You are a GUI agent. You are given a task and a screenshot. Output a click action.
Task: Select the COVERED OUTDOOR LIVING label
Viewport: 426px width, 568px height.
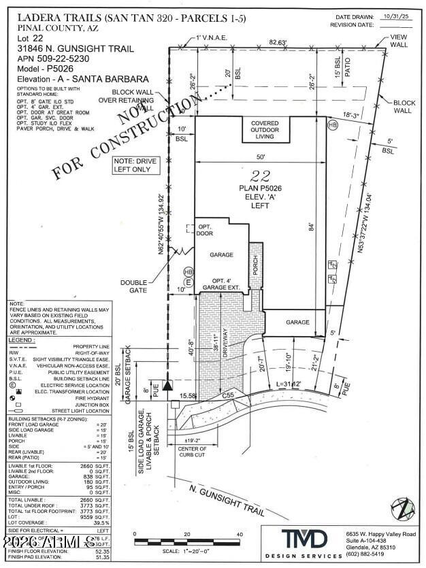click(x=267, y=129)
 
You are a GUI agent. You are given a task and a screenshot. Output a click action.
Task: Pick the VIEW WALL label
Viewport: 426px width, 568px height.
click(x=398, y=40)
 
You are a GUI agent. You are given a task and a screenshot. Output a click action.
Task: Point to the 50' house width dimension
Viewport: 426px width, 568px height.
click(x=262, y=156)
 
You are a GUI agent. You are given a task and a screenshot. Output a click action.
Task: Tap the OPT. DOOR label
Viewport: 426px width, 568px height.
click(x=206, y=230)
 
